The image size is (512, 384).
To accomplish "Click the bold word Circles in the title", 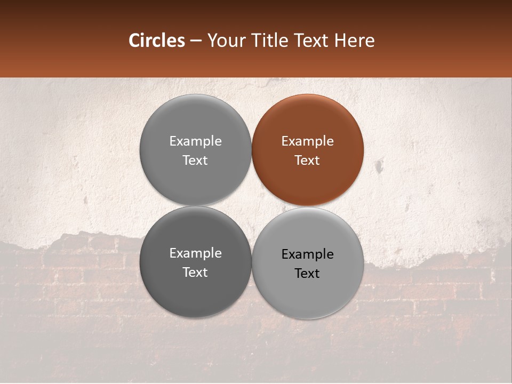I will pyautogui.click(x=157, y=41).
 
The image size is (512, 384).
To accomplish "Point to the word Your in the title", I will pyautogui.click(x=225, y=41).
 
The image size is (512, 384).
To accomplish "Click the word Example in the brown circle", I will pyautogui.click(x=308, y=141).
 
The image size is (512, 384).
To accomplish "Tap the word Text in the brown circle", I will pyautogui.click(x=307, y=161).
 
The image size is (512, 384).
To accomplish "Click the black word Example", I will pyautogui.click(x=308, y=254).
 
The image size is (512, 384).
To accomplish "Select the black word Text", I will pyautogui.click(x=307, y=274).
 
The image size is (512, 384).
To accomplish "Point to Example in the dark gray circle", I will pyautogui.click(x=195, y=253).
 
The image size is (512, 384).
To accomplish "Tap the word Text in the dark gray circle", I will pyautogui.click(x=195, y=273).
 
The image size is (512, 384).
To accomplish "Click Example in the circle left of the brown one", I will pyautogui.click(x=195, y=141).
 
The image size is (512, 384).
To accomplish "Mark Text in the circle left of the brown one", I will pyautogui.click(x=195, y=161).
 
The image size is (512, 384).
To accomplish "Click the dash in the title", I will pyautogui.click(x=196, y=41).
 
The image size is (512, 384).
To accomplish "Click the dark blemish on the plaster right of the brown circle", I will pyautogui.click(x=379, y=166).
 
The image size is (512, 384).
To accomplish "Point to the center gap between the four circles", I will pyautogui.click(x=252, y=206).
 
